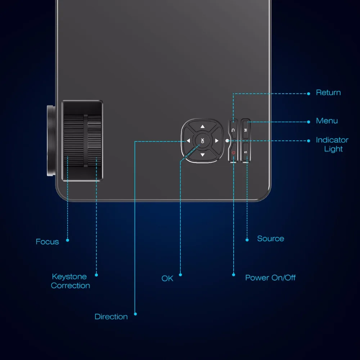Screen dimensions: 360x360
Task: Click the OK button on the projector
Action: coord(202,140)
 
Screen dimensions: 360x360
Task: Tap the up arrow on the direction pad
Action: coord(202,126)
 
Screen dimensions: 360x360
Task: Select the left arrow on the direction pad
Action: coord(188,140)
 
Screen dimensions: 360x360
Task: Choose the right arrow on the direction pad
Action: coord(216,140)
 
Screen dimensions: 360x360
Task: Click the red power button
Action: coord(233,152)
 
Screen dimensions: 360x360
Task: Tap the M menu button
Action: coord(246,129)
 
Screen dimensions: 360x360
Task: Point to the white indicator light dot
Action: coord(227,141)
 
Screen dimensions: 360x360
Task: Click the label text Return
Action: coord(328,93)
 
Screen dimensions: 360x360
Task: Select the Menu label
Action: coord(327,121)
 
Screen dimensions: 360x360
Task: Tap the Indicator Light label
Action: coord(332,144)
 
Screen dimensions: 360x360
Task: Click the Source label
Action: coord(270,239)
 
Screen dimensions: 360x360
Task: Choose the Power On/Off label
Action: coord(270,278)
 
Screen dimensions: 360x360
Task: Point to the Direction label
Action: coord(111,316)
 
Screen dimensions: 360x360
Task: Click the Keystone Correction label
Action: coord(70,281)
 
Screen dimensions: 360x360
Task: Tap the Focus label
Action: coord(47,242)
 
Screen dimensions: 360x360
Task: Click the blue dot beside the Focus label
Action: coord(68,240)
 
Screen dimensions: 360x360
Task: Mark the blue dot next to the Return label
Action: coord(309,94)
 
